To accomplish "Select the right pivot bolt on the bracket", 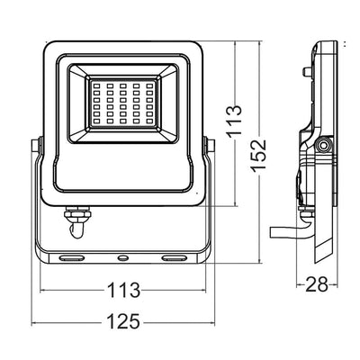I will click(209, 143).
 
